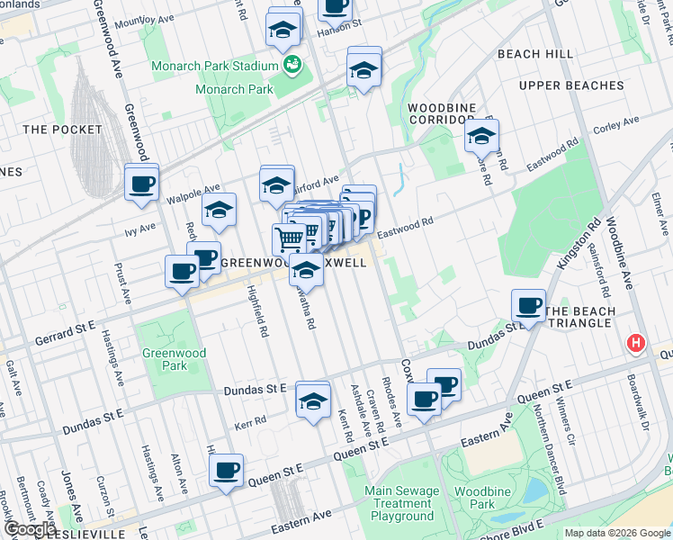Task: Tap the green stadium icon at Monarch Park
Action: [292, 64]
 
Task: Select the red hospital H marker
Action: [636, 344]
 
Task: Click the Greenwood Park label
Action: [164, 360]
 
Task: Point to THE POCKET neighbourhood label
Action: [62, 130]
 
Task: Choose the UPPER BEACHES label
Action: [571, 85]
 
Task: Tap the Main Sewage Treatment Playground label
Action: [402, 504]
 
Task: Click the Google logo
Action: [31, 529]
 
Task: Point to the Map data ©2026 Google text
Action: [616, 533]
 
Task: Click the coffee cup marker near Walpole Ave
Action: [142, 184]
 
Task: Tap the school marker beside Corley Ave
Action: [481, 137]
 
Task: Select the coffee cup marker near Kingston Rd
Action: [528, 306]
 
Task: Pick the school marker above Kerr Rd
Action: [313, 400]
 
